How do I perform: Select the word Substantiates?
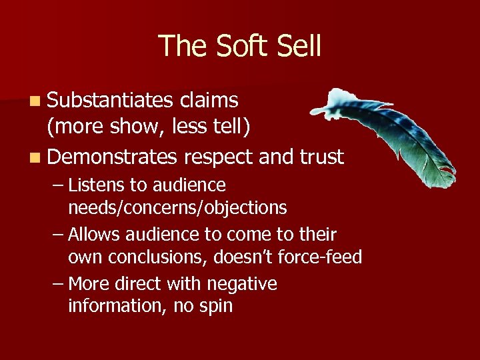111,100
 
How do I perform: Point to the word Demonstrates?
113,157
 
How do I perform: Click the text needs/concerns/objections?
177,208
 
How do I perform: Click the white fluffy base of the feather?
323,100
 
